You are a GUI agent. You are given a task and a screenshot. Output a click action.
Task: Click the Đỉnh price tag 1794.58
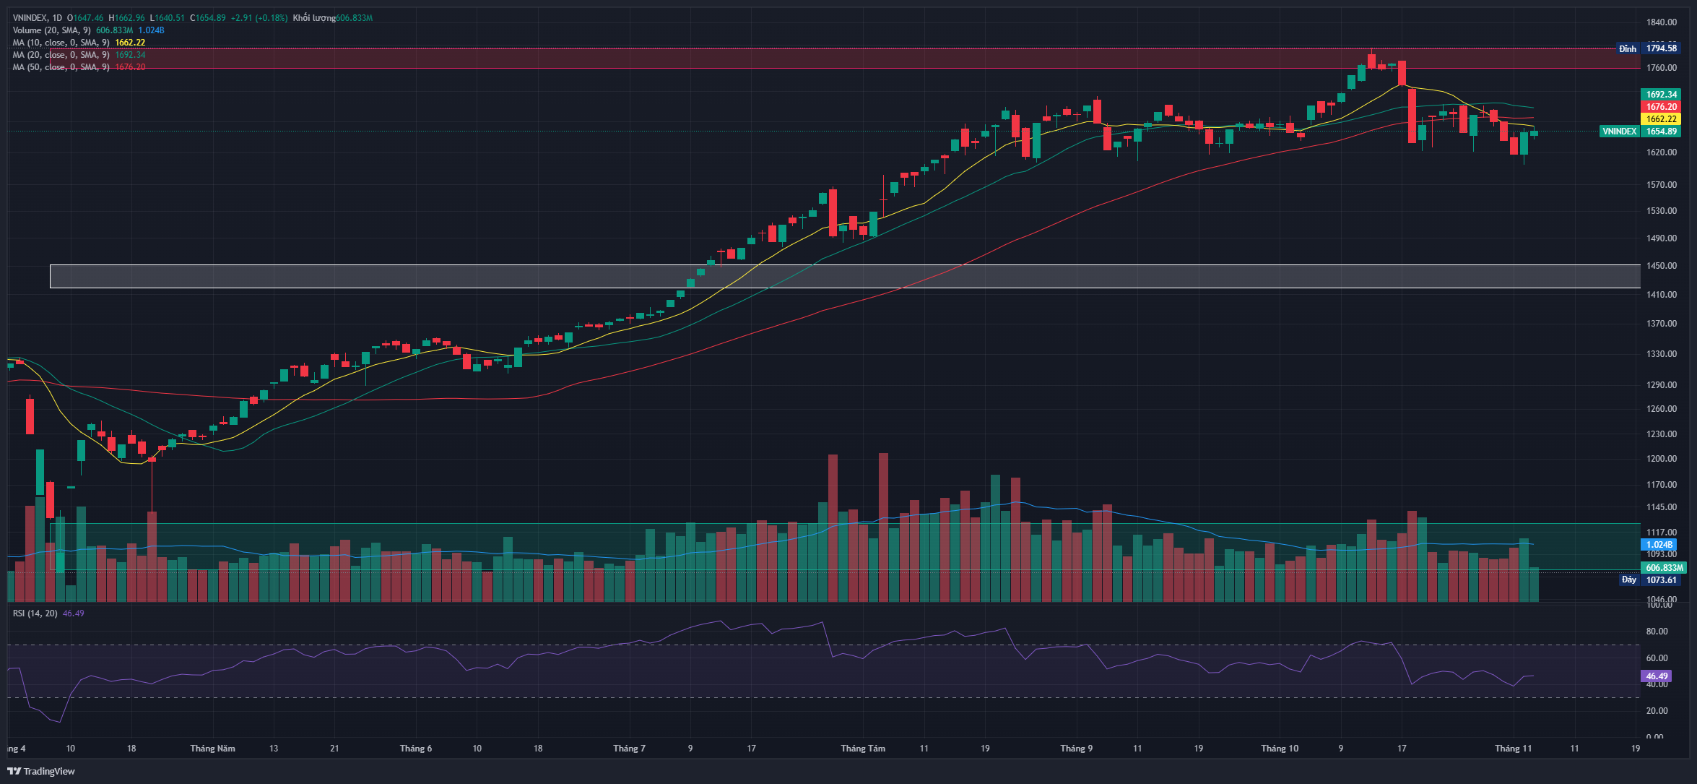(x=1661, y=48)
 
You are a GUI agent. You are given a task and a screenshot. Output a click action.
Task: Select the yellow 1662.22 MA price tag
(x=1661, y=119)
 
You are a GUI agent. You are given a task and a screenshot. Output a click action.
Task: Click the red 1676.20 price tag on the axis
(x=1661, y=107)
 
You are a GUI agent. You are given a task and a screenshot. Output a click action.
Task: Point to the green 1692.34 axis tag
(x=1661, y=95)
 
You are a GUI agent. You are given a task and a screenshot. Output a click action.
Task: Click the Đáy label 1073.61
(x=1660, y=580)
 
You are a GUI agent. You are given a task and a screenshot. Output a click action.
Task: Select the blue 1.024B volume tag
(x=1659, y=545)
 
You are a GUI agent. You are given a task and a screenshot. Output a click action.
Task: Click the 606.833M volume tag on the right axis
(x=1665, y=568)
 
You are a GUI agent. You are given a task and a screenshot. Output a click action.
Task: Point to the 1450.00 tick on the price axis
(x=1661, y=266)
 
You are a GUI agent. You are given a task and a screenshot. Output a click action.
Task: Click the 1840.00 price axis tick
(x=1661, y=22)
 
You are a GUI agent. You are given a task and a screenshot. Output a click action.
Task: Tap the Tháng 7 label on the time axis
(x=629, y=749)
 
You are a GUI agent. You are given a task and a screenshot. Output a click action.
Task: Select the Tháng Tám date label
(x=862, y=749)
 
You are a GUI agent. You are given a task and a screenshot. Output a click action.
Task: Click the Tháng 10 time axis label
(x=1279, y=749)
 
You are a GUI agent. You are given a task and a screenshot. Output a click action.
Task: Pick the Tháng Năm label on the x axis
(x=212, y=749)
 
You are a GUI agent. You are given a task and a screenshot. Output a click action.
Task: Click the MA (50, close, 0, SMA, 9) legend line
(x=61, y=67)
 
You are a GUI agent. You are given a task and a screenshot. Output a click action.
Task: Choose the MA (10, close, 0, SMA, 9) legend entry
(x=61, y=43)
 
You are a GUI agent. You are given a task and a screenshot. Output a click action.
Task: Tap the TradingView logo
(x=41, y=771)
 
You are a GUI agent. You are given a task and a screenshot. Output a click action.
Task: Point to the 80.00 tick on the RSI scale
(x=1657, y=632)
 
